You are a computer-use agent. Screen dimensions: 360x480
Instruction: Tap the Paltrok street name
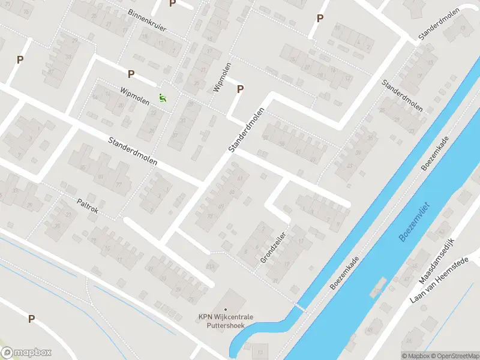pos(87,206)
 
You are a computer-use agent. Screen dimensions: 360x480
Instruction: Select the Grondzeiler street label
pos(273,246)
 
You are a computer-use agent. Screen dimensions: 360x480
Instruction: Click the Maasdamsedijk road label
pos(436,263)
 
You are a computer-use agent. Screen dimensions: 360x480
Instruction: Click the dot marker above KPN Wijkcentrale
pos(226,310)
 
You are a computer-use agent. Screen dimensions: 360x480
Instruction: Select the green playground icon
pos(161,97)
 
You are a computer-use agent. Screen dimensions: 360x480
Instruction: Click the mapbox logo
pos(26,353)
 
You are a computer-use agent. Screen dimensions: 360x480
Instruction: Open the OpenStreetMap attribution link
pos(454,356)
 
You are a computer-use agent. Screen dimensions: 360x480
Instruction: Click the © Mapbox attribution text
pos(416,356)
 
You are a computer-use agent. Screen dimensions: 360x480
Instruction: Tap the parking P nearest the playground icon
pos(131,74)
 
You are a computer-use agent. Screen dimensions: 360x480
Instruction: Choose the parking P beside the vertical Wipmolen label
pos(241,89)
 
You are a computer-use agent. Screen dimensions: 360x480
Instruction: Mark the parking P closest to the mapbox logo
pos(31,319)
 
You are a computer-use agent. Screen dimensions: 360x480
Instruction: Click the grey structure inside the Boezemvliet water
pos(377,289)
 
